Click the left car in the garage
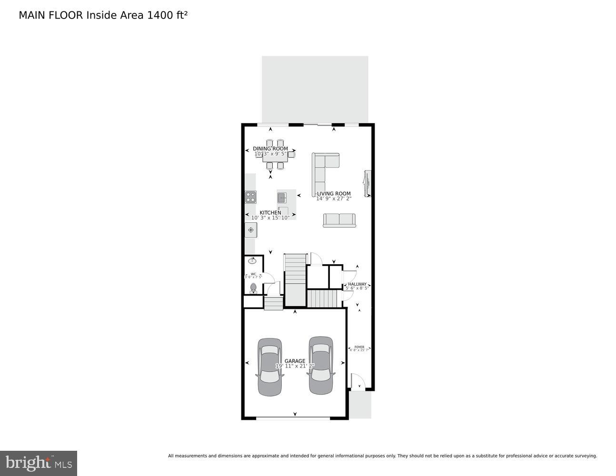pos(269,367)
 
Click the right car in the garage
pos(321,365)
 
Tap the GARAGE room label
pos(295,361)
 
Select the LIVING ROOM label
pos(334,194)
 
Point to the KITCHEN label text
pos(270,213)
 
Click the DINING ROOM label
pos(270,149)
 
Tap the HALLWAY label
pos(357,284)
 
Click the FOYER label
pos(359,347)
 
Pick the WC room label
pos(253,274)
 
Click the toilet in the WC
pos(253,288)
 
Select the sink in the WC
pos(252,261)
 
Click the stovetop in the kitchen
pos(250,197)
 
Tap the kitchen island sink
pos(283,196)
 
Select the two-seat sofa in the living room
pos(339,220)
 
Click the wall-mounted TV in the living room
pos(367,183)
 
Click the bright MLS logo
pos(39,463)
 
